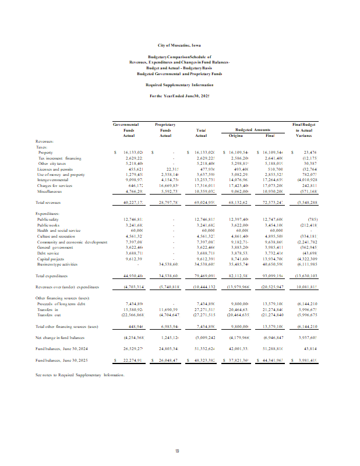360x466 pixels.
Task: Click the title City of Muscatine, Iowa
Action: click(x=179, y=45)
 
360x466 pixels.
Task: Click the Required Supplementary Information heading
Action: click(x=179, y=84)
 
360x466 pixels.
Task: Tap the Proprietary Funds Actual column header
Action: click(x=165, y=130)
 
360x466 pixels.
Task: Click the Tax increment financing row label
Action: click(x=59, y=158)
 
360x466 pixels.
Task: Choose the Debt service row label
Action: click(x=49, y=252)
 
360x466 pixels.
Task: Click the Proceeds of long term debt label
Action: click(x=61, y=303)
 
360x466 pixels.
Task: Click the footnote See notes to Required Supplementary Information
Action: click(x=80, y=375)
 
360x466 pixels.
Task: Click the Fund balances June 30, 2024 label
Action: click(x=61, y=348)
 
